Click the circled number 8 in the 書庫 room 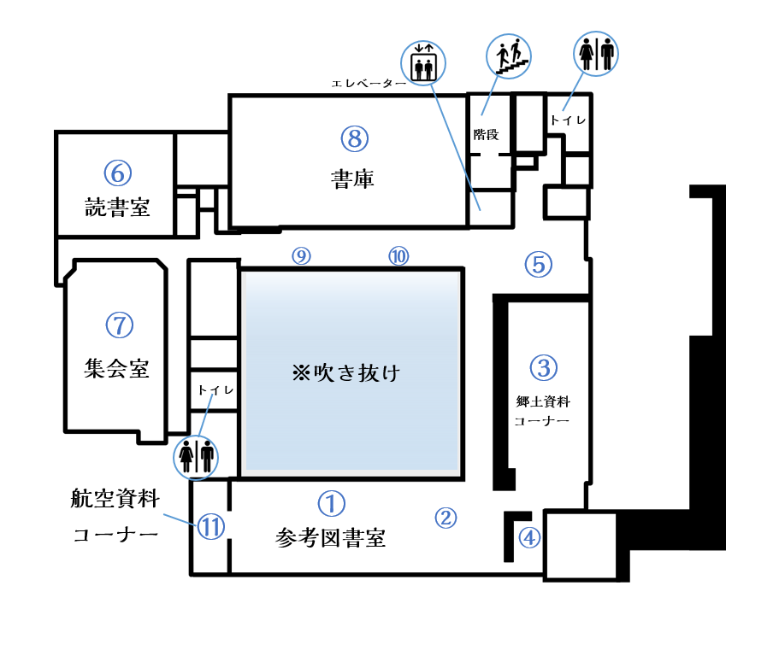353,137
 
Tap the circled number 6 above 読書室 117,173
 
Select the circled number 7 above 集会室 118,325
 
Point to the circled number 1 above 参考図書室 331,502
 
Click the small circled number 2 445,517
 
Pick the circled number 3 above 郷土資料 543,367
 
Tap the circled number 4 530,538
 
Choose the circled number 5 538,265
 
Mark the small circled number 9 300,255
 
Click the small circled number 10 398,255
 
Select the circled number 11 210,527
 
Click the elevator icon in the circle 423,64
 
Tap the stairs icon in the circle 509,56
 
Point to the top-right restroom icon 597,55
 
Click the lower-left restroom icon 197,455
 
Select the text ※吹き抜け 346,373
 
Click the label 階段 486,134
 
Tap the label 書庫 352,179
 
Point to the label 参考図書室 331,538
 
